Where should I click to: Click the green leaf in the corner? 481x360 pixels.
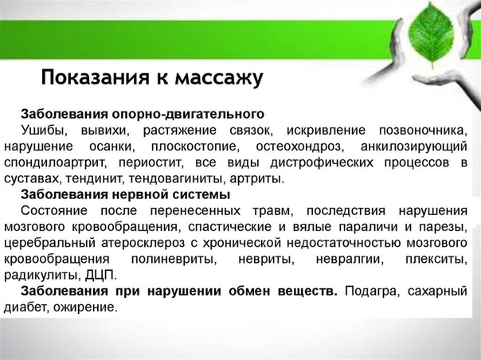click(431, 35)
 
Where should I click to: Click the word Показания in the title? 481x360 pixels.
click(95, 77)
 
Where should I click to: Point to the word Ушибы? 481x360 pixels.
click(44, 131)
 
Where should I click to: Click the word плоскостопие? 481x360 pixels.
click(195, 147)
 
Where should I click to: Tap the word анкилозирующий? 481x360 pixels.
click(414, 147)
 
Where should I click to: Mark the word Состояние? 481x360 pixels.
click(54, 211)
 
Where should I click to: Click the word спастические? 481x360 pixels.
click(230, 227)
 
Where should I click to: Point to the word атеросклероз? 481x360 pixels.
click(143, 243)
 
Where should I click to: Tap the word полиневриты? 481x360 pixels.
click(174, 260)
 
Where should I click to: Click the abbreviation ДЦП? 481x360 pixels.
click(100, 276)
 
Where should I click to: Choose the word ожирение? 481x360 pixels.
click(85, 307)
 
